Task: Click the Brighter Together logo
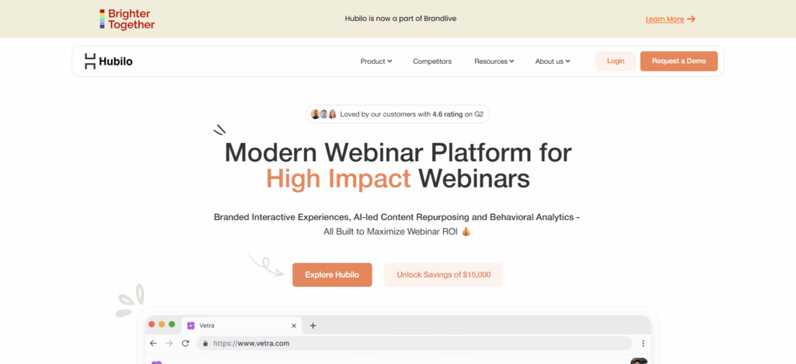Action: coord(127,19)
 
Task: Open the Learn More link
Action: coord(670,19)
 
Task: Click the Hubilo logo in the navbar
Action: coord(109,61)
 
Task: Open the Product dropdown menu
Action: coord(376,61)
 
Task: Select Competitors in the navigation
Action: coord(432,61)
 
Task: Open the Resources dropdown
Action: coord(494,61)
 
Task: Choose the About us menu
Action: coord(553,61)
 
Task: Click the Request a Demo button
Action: coord(679,61)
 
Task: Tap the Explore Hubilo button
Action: coord(332,275)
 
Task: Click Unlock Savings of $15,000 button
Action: coord(444,275)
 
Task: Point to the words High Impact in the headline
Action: coord(338,179)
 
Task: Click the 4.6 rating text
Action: coord(447,114)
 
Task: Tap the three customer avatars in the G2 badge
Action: coord(324,114)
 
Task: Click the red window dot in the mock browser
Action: coord(152,324)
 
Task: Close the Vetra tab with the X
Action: coord(293,325)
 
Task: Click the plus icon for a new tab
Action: coord(312,325)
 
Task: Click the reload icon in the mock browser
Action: coord(185,343)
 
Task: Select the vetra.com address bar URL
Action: coord(251,343)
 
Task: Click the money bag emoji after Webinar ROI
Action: coord(466,232)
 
